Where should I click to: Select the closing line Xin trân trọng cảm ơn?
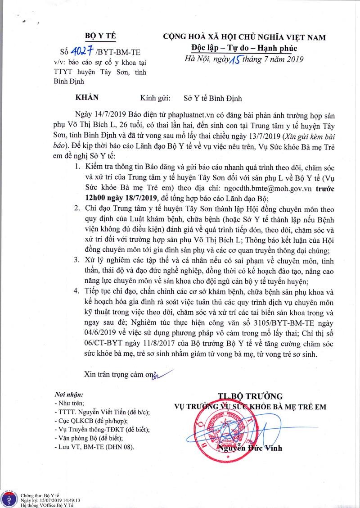click(118, 374)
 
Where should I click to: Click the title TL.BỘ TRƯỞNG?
click(250, 396)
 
